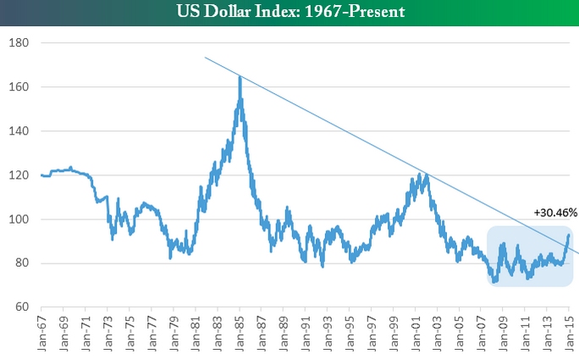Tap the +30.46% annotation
pos(554,213)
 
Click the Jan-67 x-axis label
pos(41,332)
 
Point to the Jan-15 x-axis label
pos(569,332)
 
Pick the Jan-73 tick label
pos(107,332)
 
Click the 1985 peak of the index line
pos(240,77)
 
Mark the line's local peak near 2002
pos(426,174)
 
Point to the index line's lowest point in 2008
pos(493,282)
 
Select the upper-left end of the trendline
pos(205,58)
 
